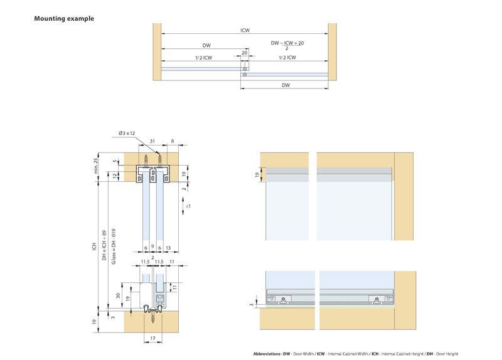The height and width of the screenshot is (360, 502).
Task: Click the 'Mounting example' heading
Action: click(x=64, y=19)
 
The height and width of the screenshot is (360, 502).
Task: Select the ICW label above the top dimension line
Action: click(x=245, y=29)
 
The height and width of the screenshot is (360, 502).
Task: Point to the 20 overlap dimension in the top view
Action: click(x=245, y=53)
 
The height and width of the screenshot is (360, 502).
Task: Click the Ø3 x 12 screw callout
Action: click(x=127, y=133)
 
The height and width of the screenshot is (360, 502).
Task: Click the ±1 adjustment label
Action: click(x=188, y=206)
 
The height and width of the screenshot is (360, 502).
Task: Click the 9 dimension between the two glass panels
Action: click(x=152, y=247)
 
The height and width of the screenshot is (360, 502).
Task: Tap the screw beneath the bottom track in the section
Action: click(x=152, y=318)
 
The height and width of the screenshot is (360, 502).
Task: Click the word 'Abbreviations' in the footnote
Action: click(x=267, y=354)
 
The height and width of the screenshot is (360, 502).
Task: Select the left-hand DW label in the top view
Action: click(x=206, y=45)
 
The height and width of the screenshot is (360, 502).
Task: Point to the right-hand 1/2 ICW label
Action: click(x=286, y=58)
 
